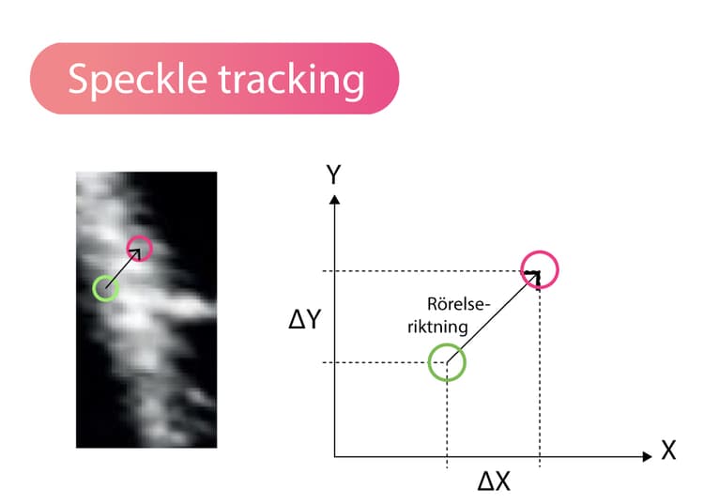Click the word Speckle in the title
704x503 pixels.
[137, 80]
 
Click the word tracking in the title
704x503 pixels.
[291, 80]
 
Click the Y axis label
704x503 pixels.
[333, 175]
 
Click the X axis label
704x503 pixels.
[668, 450]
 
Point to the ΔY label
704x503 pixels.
[305, 320]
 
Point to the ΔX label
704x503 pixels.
[494, 482]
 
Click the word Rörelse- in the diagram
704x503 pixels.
[459, 304]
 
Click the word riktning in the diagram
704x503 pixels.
[437, 327]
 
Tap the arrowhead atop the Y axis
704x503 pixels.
[334, 200]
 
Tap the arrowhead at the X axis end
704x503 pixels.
[647, 457]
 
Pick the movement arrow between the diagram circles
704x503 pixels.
[493, 317]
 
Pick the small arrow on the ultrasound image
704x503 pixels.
[123, 268]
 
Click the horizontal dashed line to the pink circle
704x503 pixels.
[422, 271]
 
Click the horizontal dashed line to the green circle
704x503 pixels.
[375, 362]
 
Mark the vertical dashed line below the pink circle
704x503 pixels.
[540, 378]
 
